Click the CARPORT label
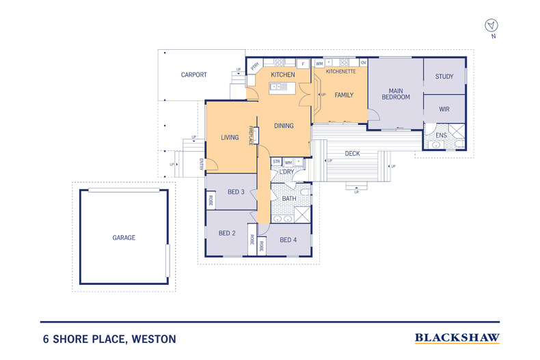tap(194, 74)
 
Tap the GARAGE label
tap(124, 238)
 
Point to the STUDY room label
tap(444, 77)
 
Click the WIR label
tap(444, 109)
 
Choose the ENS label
tap(441, 135)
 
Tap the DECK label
tap(352, 154)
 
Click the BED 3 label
tap(236, 192)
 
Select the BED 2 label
tap(227, 233)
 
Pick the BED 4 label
tap(288, 239)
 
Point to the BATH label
tap(289, 198)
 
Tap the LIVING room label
tap(230, 137)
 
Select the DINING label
tap(284, 126)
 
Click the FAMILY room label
tap(344, 95)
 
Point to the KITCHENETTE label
tap(340, 71)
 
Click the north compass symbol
tap(491, 27)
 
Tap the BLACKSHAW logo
tap(457, 338)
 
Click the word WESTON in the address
tap(153, 339)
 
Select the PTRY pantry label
tap(254, 66)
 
